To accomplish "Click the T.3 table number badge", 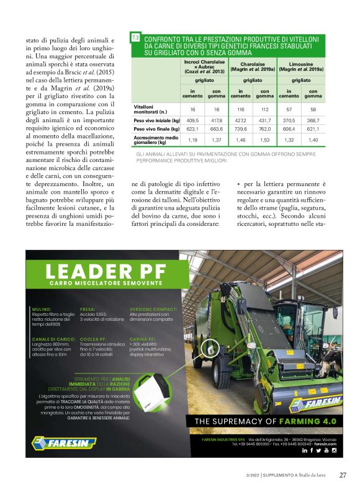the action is tap(136, 38).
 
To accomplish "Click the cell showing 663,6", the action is tap(217, 129).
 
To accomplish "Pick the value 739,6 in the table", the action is tap(241, 129).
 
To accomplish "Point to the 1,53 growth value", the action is tap(265, 141).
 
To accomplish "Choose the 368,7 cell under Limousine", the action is tap(313, 120).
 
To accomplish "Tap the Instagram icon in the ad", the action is tap(334, 450).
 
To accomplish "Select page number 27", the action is tap(343, 475).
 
